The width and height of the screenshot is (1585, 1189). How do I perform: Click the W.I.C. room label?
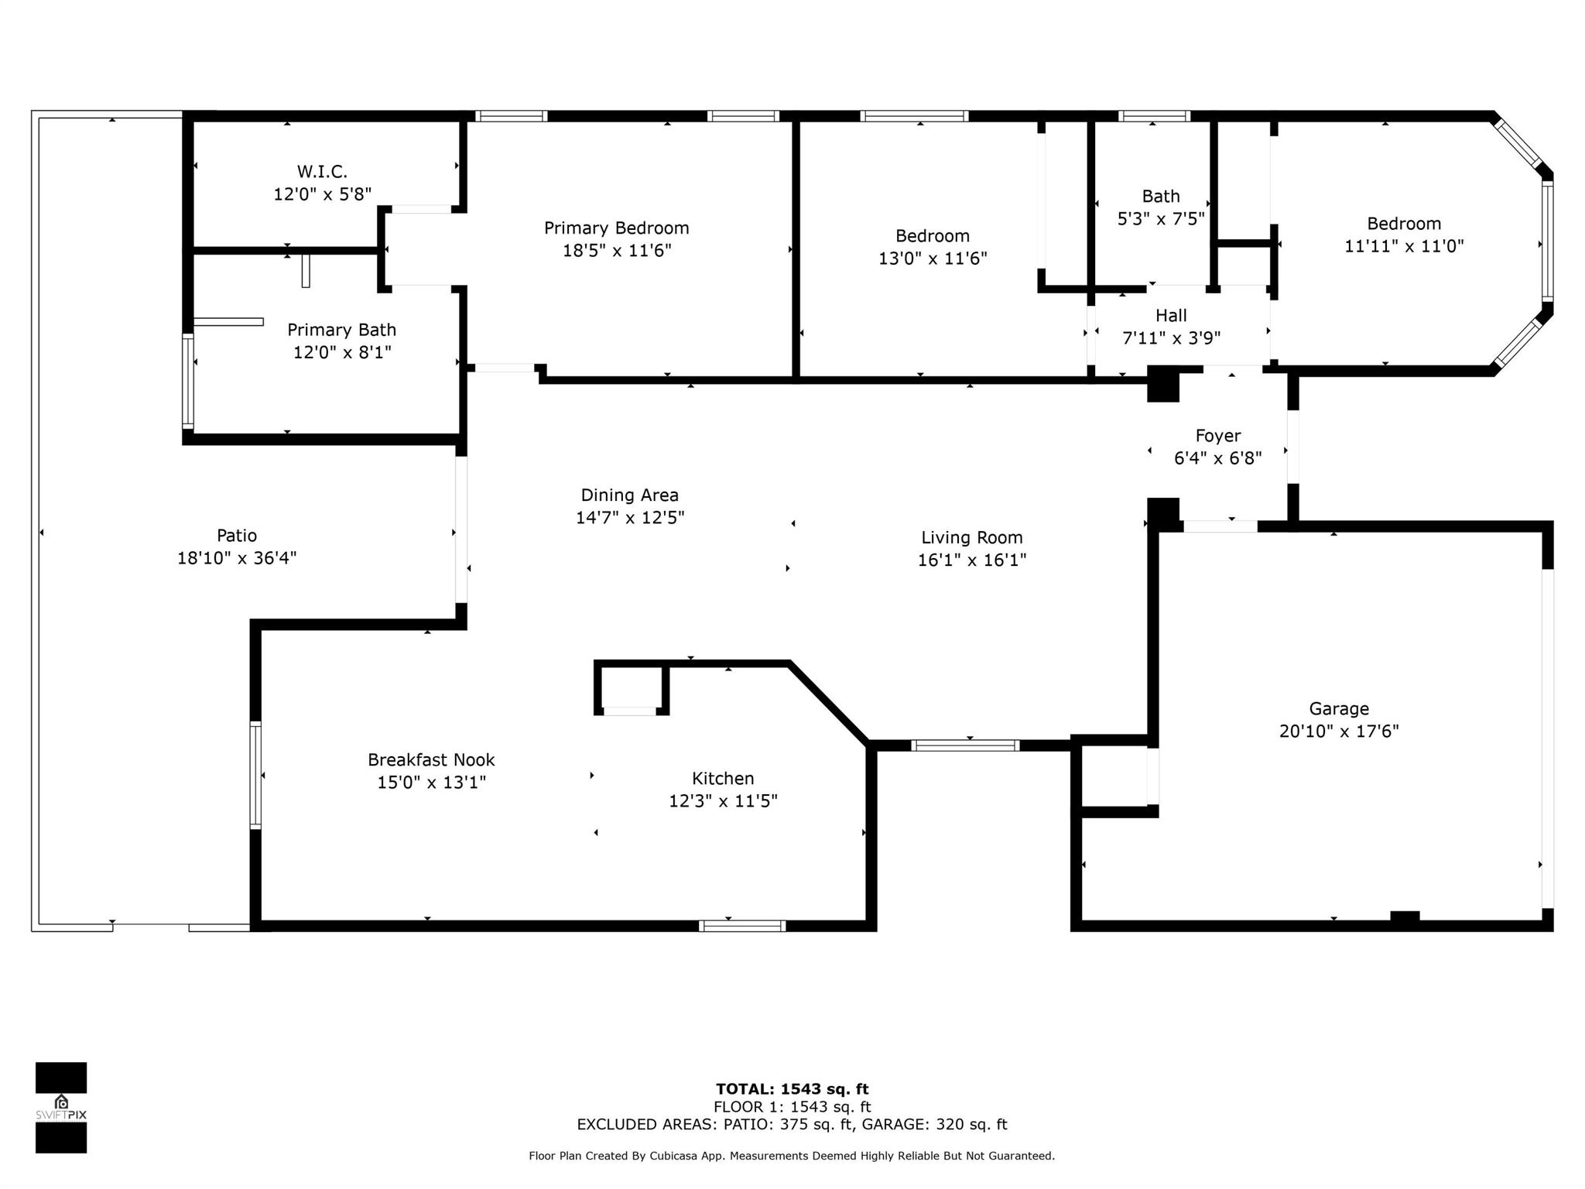pyautogui.click(x=322, y=171)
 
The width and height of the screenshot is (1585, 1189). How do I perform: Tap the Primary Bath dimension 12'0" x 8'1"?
pyautogui.click(x=342, y=352)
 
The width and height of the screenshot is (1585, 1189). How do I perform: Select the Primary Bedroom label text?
pyautogui.click(x=616, y=228)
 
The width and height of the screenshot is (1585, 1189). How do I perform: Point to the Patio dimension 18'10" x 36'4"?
pyautogui.click(x=237, y=558)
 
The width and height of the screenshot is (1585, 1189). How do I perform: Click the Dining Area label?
pyautogui.click(x=629, y=495)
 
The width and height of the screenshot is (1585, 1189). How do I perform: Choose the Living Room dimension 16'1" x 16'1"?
pyautogui.click(x=972, y=560)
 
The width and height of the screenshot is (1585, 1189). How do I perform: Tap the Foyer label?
pyautogui.click(x=1217, y=436)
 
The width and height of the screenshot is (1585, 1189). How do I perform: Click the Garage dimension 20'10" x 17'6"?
pyautogui.click(x=1339, y=731)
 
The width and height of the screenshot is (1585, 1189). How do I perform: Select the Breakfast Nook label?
pyautogui.click(x=431, y=760)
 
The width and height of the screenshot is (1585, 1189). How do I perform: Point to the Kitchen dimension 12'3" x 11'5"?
pyautogui.click(x=723, y=800)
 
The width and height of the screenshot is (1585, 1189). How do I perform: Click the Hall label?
pyautogui.click(x=1171, y=316)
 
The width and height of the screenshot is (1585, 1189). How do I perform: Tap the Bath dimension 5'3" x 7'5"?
pyautogui.click(x=1161, y=219)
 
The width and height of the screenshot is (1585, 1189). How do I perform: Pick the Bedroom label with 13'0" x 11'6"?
pyautogui.click(x=933, y=236)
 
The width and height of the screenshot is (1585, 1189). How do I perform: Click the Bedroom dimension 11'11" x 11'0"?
pyautogui.click(x=1404, y=246)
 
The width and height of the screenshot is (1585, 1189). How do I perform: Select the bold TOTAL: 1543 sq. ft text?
pyautogui.click(x=792, y=1089)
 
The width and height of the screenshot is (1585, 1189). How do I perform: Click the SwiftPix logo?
pyautogui.click(x=61, y=1108)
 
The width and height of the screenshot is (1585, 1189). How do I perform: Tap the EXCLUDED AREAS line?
pyautogui.click(x=792, y=1125)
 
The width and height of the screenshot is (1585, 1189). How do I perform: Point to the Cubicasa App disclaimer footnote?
pyautogui.click(x=792, y=1156)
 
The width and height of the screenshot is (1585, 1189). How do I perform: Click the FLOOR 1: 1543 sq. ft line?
pyautogui.click(x=792, y=1107)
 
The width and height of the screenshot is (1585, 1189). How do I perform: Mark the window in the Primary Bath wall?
pyautogui.click(x=188, y=381)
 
